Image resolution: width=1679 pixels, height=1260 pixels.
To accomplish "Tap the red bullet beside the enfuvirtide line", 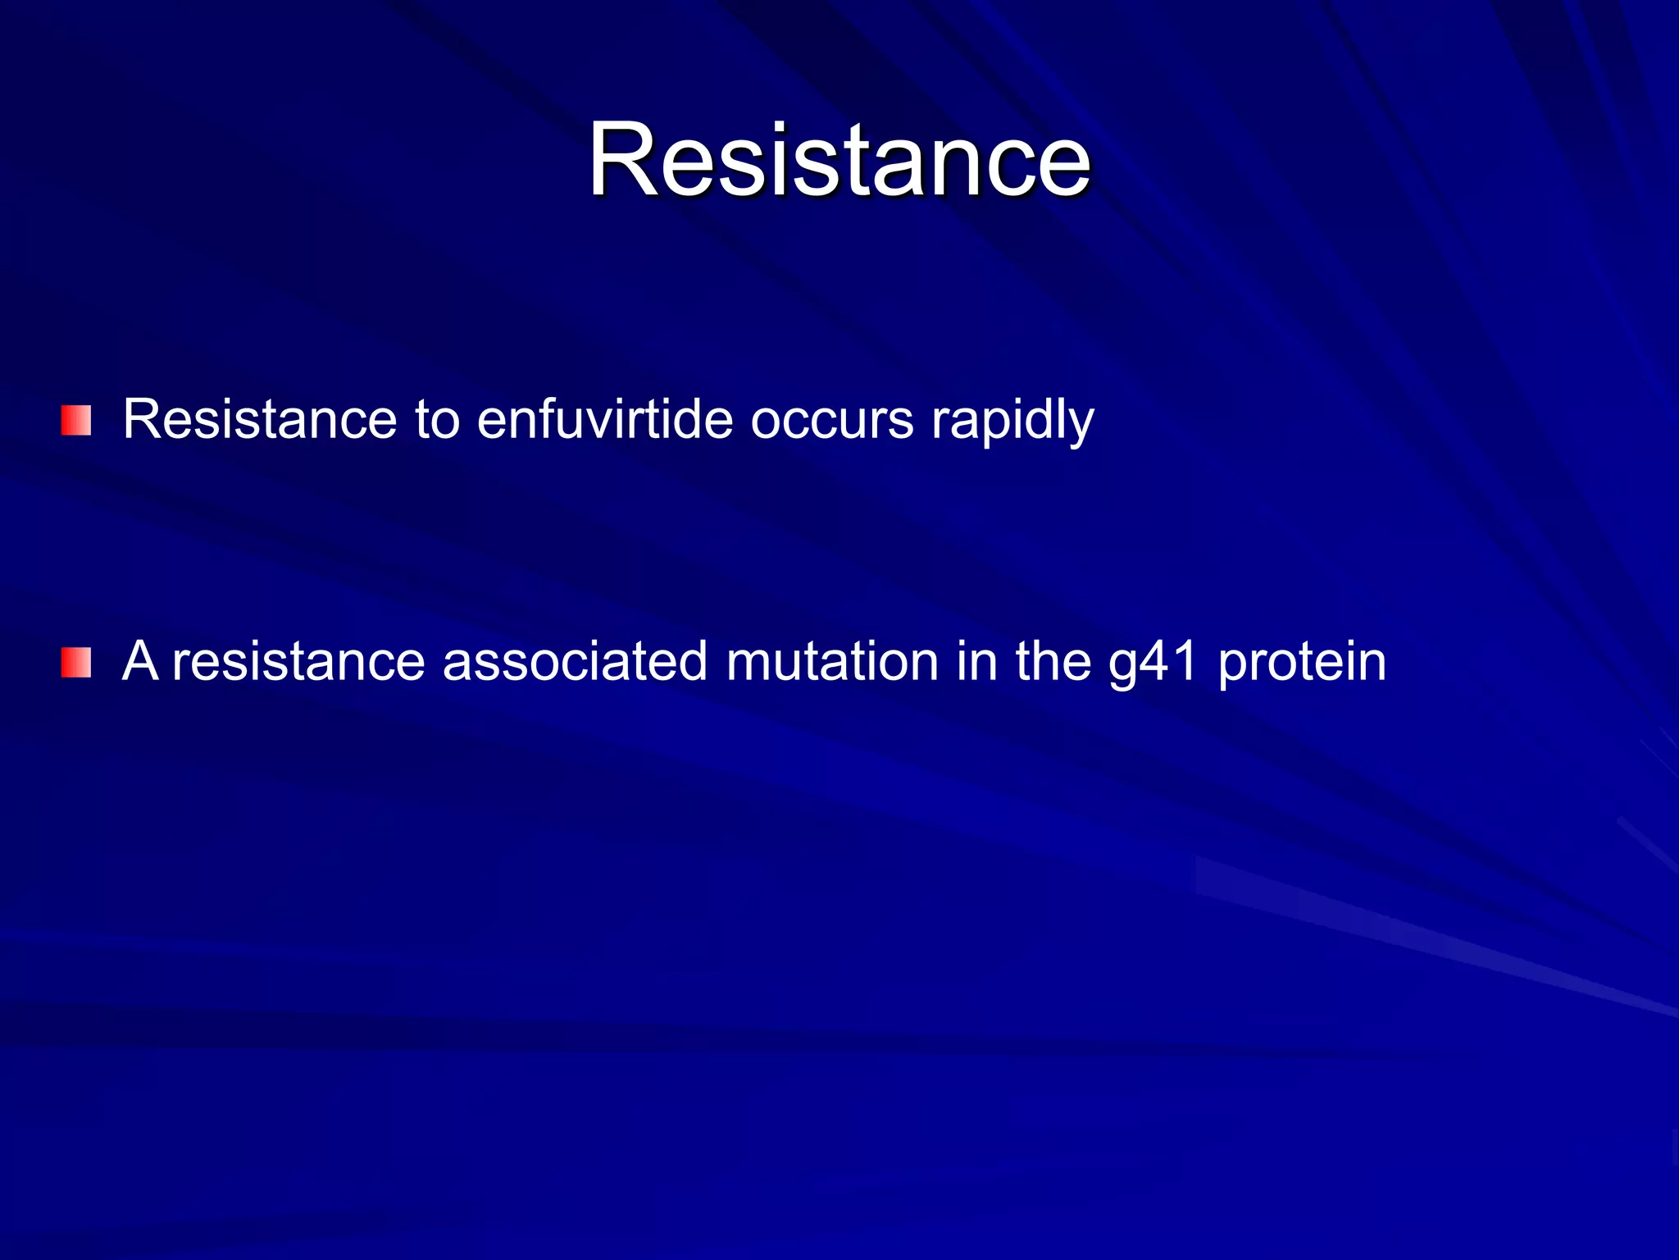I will point(75,421).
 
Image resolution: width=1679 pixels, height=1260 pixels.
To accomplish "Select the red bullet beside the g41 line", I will point(75,663).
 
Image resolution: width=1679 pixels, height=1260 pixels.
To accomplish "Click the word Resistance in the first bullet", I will point(259,420).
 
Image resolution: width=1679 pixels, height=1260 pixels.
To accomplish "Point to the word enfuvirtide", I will point(604,420).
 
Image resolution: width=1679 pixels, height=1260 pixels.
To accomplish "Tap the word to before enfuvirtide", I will point(437,420).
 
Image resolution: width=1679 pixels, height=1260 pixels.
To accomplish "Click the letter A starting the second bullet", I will point(140,661).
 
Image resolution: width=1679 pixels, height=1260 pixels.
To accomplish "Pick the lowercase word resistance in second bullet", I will point(298,662).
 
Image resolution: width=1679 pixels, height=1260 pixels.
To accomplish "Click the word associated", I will point(575,661).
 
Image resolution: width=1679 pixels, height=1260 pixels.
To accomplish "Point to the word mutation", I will point(831,661).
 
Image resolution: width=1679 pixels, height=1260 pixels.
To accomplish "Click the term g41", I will point(1153,663).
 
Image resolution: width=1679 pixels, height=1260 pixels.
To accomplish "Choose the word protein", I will point(1302,663).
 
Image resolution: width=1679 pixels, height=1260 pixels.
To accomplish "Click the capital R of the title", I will point(624,159).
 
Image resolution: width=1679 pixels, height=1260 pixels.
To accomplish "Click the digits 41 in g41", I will point(1168,661).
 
